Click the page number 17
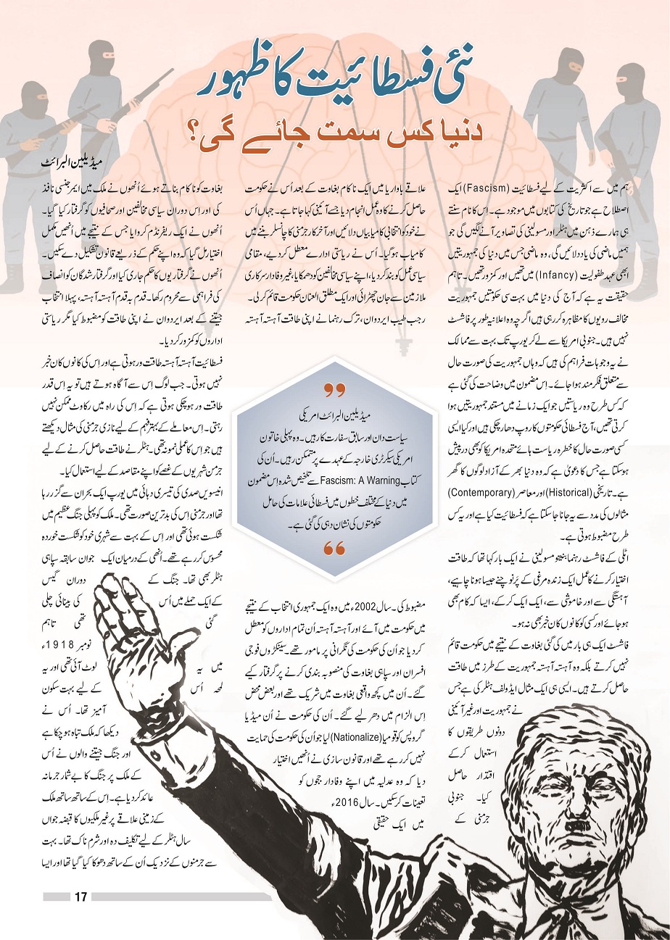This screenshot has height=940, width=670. [80, 897]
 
